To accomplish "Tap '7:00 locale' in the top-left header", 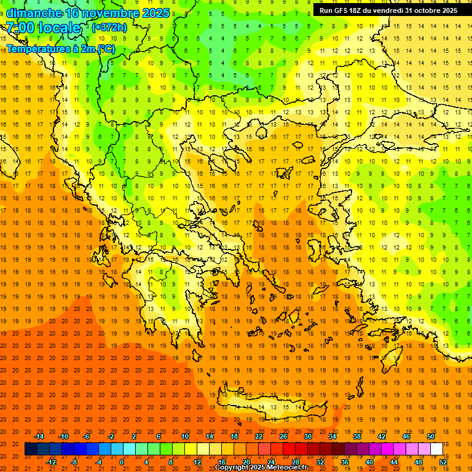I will click(43, 28).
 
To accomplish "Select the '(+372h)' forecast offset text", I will click(109, 28).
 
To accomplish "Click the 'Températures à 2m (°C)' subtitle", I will click(60, 48).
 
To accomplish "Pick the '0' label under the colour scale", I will click(122, 462).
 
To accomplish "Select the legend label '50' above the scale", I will click(430, 436).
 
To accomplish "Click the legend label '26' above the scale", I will click(283, 436).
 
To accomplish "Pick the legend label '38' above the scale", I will click(356, 436).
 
